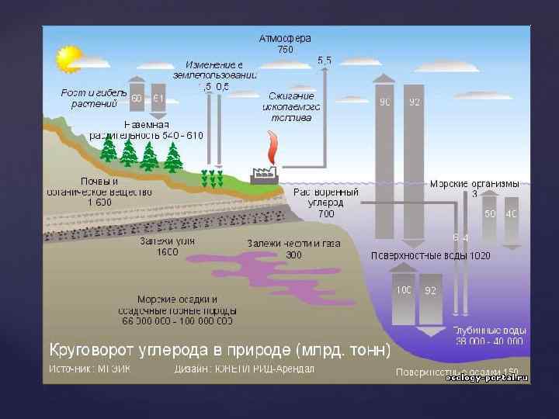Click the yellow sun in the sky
tap(68, 57)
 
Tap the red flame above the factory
tap(273, 146)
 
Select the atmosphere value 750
tap(286, 49)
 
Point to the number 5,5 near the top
tap(324, 60)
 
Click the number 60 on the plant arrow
tap(137, 99)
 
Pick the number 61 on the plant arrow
tap(158, 99)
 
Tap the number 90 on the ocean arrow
tap(385, 102)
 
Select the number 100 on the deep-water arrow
tap(404, 290)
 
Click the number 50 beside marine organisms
tap(490, 213)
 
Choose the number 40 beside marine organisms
tap(511, 213)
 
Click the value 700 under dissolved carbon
tap(326, 213)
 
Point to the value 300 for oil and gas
tap(293, 255)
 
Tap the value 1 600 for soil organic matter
tap(100, 202)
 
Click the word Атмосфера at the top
tap(285, 37)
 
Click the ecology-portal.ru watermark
tap(486, 377)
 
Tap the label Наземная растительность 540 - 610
tap(163, 130)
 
